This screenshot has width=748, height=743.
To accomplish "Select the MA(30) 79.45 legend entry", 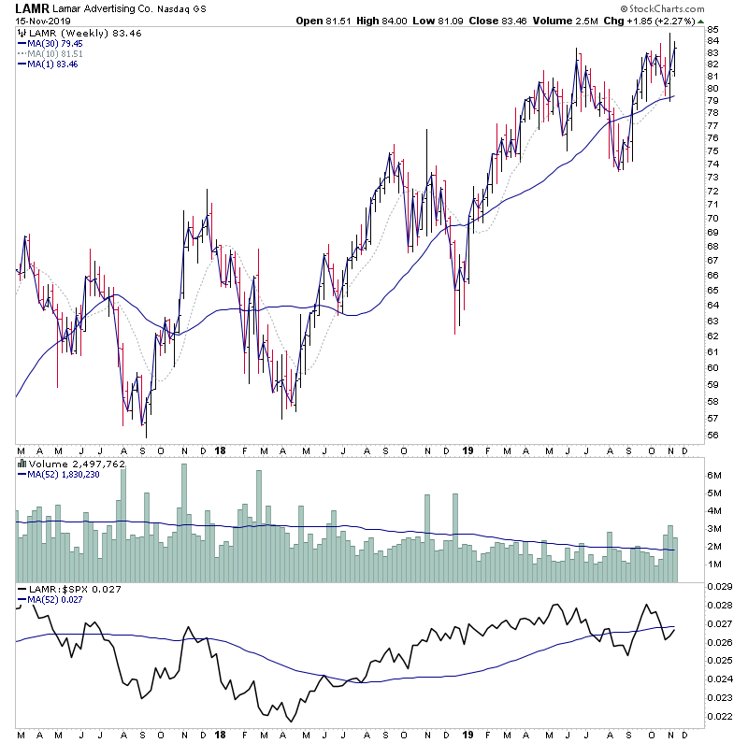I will click(56, 43).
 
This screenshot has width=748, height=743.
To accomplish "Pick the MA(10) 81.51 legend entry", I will click(56, 53).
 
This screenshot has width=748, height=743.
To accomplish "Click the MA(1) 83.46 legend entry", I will click(53, 64).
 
